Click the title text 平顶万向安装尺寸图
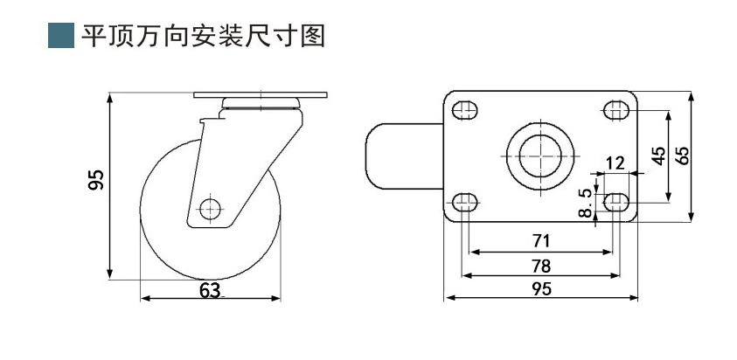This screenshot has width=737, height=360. click(203, 35)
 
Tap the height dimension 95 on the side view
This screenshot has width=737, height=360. click(99, 179)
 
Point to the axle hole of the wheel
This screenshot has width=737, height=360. click(209, 209)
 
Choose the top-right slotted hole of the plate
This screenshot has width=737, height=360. click(615, 111)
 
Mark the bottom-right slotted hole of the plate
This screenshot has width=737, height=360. click(615, 202)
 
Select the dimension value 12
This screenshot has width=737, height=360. click(615, 163)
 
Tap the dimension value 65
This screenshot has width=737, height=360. click(683, 155)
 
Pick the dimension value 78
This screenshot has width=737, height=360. click(541, 265)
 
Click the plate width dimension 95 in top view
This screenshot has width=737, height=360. click(541, 288)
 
